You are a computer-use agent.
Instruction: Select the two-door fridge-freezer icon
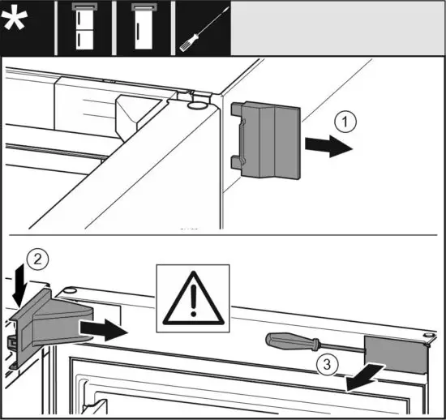(x=77, y=28)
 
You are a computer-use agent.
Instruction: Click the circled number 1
(x=345, y=123)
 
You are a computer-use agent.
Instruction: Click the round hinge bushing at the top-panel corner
(x=195, y=105)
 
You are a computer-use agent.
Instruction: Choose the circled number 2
(x=33, y=261)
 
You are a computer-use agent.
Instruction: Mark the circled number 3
(x=324, y=362)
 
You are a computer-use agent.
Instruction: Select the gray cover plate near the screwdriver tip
(x=395, y=354)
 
